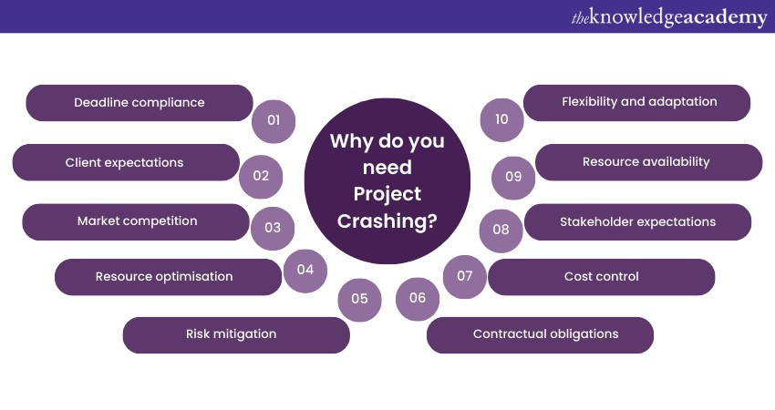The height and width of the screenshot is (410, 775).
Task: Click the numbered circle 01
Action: (x=274, y=121)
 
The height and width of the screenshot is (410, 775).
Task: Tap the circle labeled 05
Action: (x=359, y=300)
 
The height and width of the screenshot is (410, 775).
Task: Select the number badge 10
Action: (x=501, y=120)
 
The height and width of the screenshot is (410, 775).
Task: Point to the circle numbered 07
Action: (x=465, y=277)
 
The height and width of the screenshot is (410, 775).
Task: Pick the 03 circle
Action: (x=273, y=228)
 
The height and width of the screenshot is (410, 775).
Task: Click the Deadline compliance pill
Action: (x=139, y=103)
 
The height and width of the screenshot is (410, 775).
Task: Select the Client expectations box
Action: (x=126, y=162)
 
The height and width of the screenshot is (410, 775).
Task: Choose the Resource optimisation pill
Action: (x=168, y=277)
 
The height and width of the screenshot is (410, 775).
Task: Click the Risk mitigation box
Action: (x=236, y=335)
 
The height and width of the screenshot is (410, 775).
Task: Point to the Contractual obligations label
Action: (x=540, y=335)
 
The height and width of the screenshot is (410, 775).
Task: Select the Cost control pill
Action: (x=601, y=277)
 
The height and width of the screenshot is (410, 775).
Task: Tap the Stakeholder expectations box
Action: (x=637, y=222)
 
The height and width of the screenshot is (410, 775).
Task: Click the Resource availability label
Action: (x=648, y=162)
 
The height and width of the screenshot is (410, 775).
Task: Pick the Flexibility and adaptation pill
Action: (x=636, y=103)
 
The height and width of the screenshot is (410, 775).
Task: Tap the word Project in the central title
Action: (x=387, y=194)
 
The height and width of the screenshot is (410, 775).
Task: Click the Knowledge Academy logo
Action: (x=669, y=17)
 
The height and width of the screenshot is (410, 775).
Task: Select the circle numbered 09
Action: (x=513, y=178)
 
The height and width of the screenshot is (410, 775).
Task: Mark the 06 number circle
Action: (x=418, y=298)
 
